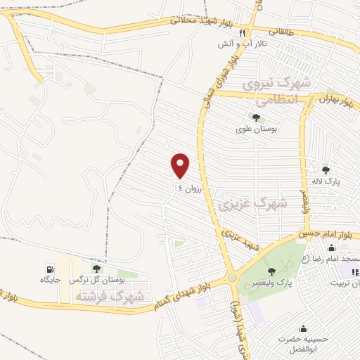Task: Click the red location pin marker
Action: tap(181, 165)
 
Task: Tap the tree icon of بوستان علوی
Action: tap(255, 117)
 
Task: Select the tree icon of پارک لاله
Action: tap(326, 169)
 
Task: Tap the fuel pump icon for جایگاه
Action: tap(49, 269)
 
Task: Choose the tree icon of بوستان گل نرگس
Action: tap(96, 269)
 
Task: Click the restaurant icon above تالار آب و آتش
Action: tap(242, 33)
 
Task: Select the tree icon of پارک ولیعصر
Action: tap(272, 271)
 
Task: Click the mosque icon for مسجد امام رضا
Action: tap(331, 247)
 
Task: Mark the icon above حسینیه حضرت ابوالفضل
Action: tap(303, 328)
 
